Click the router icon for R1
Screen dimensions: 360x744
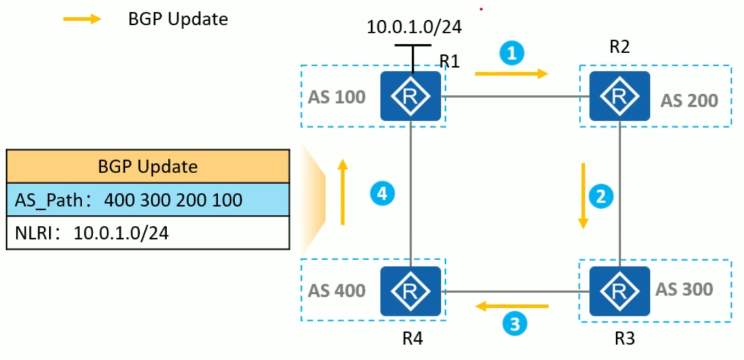point(411,96)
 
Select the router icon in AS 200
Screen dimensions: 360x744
point(619,96)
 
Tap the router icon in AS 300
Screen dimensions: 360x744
point(619,291)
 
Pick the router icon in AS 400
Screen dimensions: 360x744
point(411,291)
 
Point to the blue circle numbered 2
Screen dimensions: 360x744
point(601,196)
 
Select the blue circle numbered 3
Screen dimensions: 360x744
point(515,324)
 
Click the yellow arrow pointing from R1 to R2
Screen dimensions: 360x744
point(511,73)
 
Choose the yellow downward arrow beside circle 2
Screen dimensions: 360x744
point(583,196)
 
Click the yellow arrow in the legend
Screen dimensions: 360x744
point(82,19)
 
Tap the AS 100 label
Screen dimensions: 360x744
point(336,98)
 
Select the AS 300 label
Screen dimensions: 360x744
point(684,289)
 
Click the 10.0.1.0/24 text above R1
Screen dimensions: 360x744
point(414,27)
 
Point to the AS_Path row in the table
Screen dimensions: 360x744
point(147,199)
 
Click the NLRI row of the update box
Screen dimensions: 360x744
point(147,233)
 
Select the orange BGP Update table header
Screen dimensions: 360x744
point(147,166)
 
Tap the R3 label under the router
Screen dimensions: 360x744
point(624,339)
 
